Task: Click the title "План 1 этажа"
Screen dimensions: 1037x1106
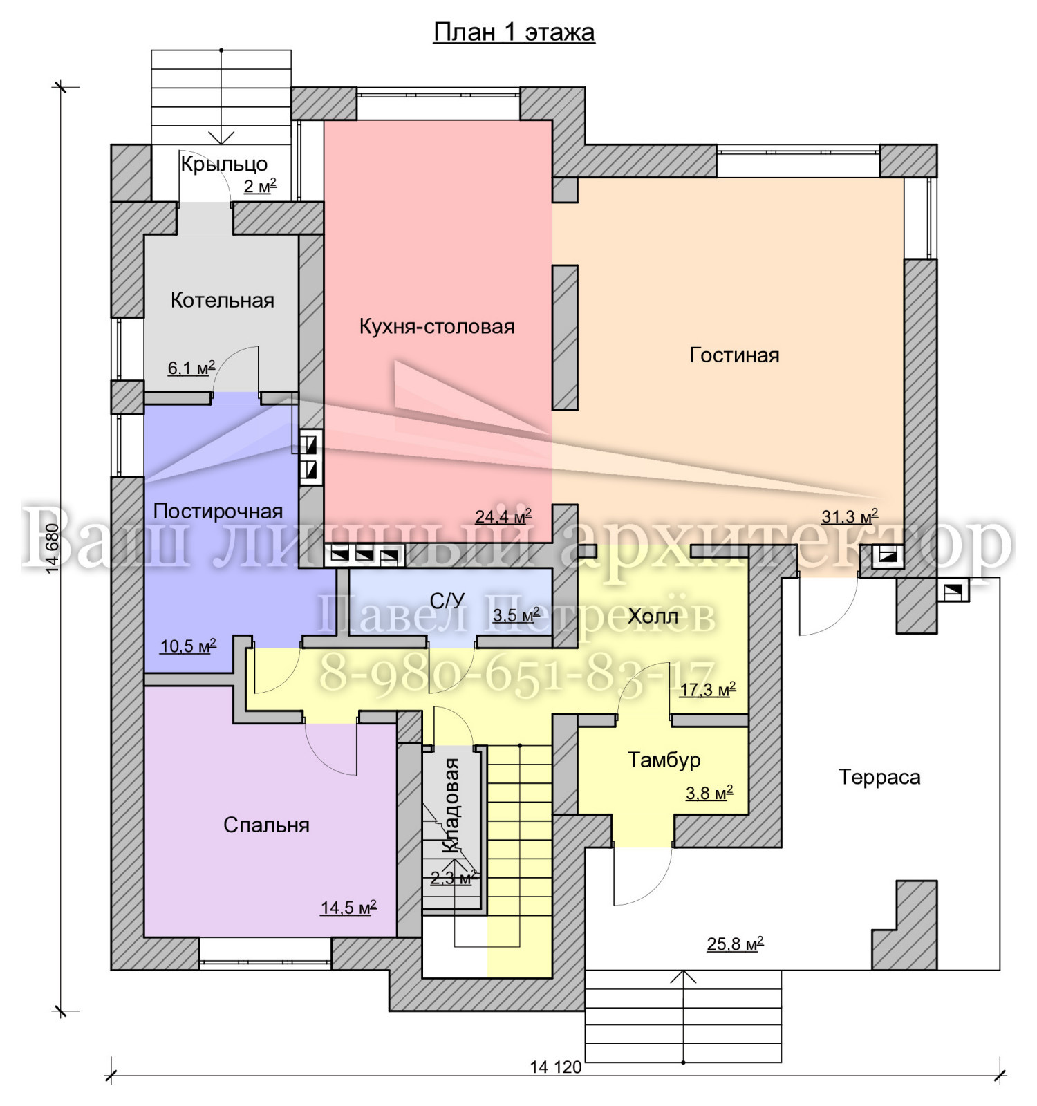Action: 514,32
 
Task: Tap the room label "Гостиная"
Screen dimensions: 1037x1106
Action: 734,355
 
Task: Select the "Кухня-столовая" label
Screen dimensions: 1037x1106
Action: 437,326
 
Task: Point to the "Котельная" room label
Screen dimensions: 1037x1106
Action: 223,300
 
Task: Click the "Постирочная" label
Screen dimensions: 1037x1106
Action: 218,511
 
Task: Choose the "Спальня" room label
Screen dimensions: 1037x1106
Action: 266,825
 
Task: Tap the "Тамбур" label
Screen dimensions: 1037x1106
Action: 664,760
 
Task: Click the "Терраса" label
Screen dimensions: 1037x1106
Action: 879,777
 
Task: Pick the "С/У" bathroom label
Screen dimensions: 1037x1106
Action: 447,601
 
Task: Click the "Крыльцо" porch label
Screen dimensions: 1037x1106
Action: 224,165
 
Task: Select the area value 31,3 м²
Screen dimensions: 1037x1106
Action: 850,516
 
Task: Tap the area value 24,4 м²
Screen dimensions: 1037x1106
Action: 503,516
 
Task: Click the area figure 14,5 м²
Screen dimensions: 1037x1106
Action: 348,907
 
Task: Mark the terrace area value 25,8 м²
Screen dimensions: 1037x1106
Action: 735,943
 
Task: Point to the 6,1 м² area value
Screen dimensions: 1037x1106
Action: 191,368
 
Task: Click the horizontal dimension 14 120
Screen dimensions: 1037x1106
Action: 556,1067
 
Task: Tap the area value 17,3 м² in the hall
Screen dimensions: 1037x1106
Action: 707,689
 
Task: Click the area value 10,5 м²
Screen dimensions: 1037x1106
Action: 188,646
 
